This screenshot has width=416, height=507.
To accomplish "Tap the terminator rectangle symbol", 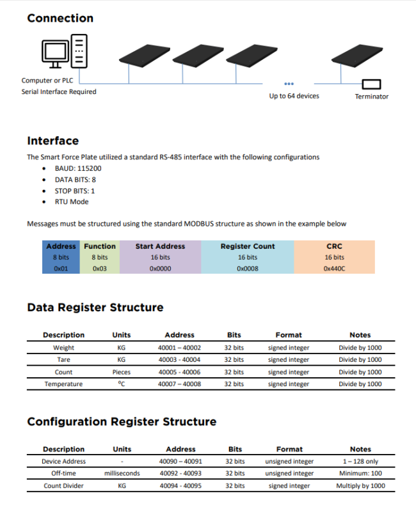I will pos(371,84).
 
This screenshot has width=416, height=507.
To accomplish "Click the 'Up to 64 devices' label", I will pos(294,96).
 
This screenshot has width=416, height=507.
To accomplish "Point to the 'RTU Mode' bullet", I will pos(72,201).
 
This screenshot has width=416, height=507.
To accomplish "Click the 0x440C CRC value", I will pos(334,269).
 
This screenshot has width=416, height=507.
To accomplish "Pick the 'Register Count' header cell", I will pos(248,246).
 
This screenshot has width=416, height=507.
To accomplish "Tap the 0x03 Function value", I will pos(99,269).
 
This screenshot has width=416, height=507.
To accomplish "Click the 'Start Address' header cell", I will pos(160,246).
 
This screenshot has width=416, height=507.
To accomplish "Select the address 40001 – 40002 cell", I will pos(179,348).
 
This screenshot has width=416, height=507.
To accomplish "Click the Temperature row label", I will pos(63,384).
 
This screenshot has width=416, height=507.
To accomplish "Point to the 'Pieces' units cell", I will pos(121,372).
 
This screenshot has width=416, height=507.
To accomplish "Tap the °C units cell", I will pos(121,384).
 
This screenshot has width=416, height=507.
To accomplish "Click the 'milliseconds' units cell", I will pos(122,474).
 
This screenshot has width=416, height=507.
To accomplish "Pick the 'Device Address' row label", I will pos(63,462).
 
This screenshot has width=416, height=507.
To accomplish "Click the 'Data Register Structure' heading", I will pos(95,308).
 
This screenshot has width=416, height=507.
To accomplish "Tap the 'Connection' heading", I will pos(60,18).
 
